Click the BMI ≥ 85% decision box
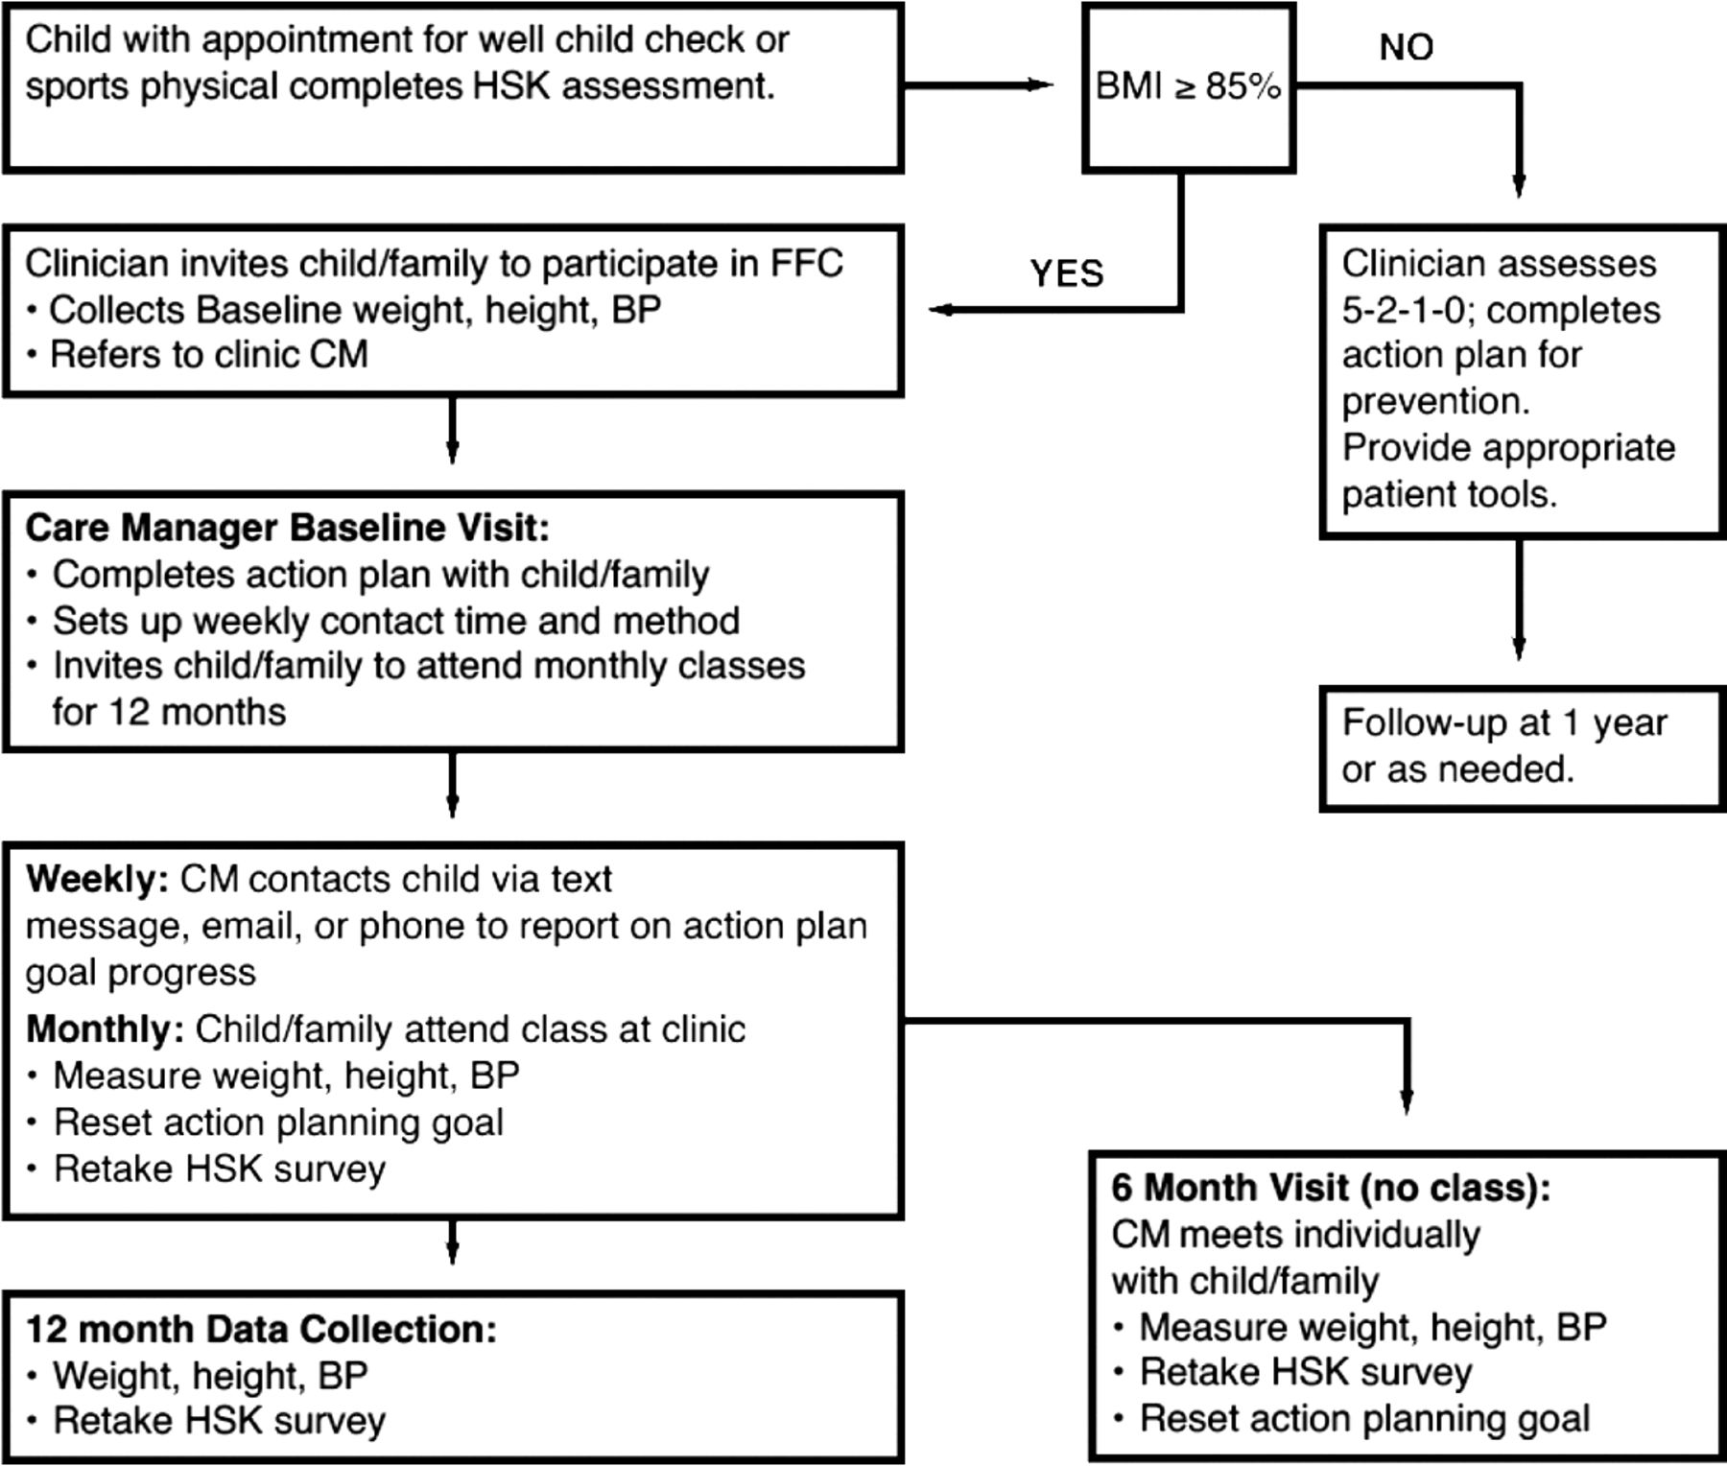pos(1189,88)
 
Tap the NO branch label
pos(1407,47)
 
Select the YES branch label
pos(1067,273)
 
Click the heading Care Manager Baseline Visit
pos(287,528)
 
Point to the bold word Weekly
pos(97,879)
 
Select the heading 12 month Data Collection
pos(261,1329)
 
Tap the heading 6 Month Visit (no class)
pos(1331,1188)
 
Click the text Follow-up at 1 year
pos(1504,722)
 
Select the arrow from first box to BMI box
pos(979,85)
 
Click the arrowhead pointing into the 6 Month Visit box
pos(1407,1102)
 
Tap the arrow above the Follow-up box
pos(1519,600)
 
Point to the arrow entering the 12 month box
pos(452,1242)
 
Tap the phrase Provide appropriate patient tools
pos(1508,471)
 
